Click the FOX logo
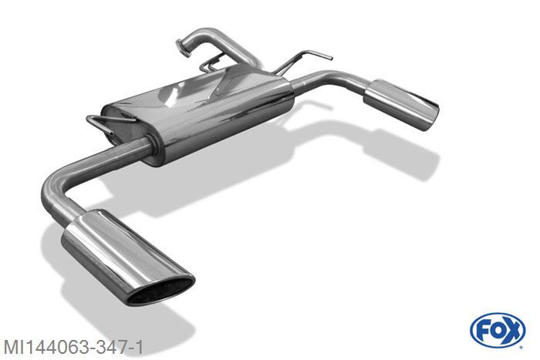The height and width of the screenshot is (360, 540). [498, 331]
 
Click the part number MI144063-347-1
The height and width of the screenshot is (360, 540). [73, 347]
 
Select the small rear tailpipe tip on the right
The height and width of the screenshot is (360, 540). [401, 104]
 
